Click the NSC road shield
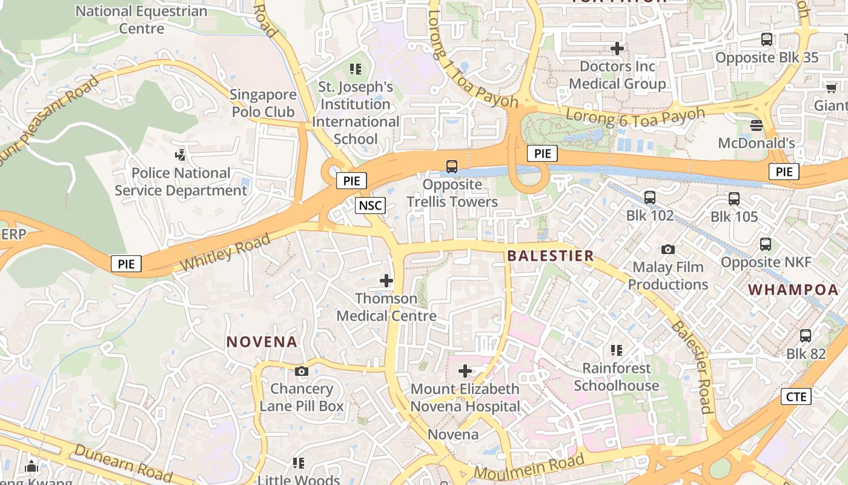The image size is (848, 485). [x=370, y=206]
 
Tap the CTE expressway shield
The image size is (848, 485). [x=795, y=396]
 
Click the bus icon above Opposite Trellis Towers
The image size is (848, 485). [x=452, y=166]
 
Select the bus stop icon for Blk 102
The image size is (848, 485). [x=650, y=197]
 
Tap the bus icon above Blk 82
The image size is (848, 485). [x=806, y=335]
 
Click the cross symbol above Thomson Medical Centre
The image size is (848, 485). [x=386, y=281]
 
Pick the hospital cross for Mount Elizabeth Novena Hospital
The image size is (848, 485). [x=465, y=370]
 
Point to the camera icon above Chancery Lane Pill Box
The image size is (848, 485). [x=301, y=371]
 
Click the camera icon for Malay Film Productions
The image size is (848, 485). [x=668, y=249]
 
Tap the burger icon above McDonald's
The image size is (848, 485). [x=756, y=125]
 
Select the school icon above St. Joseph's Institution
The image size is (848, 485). [x=356, y=69]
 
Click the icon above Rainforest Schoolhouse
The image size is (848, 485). [x=617, y=350]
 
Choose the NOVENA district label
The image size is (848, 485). [x=262, y=342]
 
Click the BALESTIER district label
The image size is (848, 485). [x=551, y=256]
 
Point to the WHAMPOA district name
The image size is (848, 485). [x=793, y=290]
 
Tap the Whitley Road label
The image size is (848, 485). [x=225, y=253]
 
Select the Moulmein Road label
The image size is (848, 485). [x=529, y=466]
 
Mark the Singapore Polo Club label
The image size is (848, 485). [x=263, y=103]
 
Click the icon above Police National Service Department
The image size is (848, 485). [x=181, y=155]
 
